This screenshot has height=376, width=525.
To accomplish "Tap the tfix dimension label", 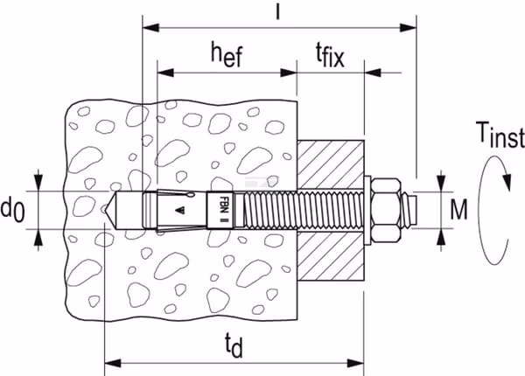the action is coord(330,56).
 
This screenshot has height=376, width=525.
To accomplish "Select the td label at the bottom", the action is coord(234,345).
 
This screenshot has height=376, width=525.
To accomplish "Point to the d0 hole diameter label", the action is coord(12,210).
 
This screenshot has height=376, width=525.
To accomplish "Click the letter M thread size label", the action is coord(458,210).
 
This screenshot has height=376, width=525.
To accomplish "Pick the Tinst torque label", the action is coord(500,135).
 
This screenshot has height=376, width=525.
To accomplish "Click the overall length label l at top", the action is coord(277,12).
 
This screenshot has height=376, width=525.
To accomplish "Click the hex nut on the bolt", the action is coord(386,210).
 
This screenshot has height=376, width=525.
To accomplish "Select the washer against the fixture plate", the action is coord(367,210).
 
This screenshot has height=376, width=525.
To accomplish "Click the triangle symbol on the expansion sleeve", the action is coord(180,211).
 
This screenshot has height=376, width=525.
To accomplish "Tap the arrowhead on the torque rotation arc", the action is coord(507,181).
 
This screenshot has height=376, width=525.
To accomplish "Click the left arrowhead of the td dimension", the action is coord(113,363).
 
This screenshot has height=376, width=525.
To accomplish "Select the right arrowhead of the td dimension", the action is coord(355,363).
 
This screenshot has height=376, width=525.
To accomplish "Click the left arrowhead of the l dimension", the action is coord(151,28).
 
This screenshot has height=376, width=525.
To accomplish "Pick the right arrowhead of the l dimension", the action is coord(408,28).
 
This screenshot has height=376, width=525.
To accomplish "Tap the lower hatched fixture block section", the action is coord(331,255).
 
